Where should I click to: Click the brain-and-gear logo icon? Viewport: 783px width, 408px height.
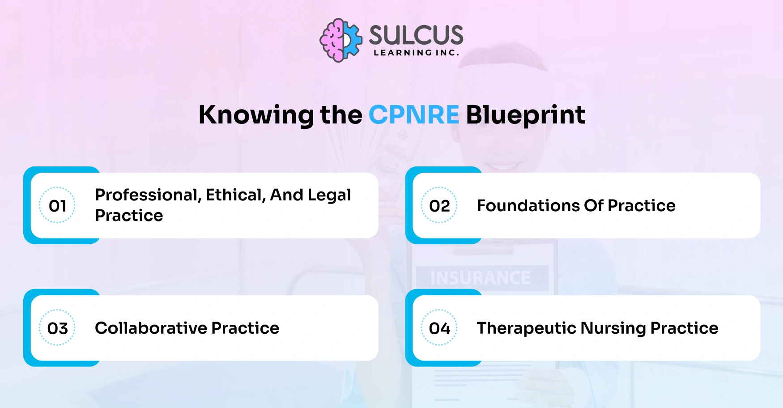pos(340,40)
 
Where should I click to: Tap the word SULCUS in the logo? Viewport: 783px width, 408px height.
pos(416,35)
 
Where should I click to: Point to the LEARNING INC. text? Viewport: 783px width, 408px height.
pos(416,53)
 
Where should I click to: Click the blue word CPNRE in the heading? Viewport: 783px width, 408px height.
pos(413,115)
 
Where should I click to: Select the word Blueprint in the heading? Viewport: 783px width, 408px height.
pos(525,115)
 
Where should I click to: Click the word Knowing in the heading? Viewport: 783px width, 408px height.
pos(256,115)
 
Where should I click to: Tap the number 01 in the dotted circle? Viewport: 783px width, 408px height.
pos(57,206)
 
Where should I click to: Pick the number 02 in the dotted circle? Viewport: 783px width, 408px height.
pos(439,206)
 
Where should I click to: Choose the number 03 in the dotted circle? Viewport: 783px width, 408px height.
pos(57,328)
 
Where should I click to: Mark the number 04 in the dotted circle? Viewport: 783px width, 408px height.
pos(439,328)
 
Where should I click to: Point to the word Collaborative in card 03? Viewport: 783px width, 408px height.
pos(151,328)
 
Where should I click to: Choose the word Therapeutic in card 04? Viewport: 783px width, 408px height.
pos(526,328)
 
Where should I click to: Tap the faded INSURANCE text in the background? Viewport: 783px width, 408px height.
pos(481,278)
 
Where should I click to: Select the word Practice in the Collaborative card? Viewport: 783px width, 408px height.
pos(245,328)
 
